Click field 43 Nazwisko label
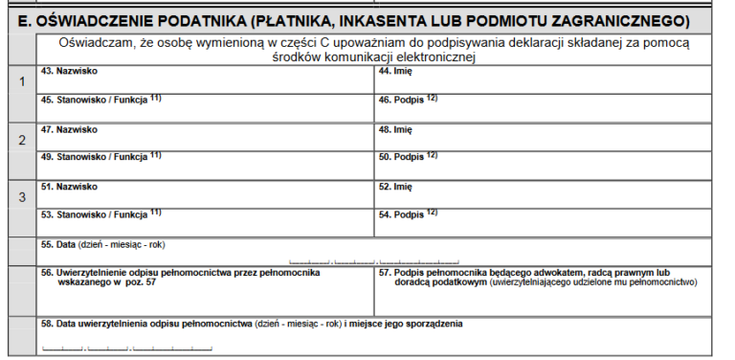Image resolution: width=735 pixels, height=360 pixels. pos(69,71)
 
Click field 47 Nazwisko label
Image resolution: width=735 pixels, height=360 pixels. pos(69,128)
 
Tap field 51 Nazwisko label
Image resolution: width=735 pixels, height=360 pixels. pos(69,186)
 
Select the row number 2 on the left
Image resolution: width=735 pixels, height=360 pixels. pos(21,140)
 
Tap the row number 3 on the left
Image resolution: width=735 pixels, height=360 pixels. pos(21,197)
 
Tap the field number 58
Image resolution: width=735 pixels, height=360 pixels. pos(46,324)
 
